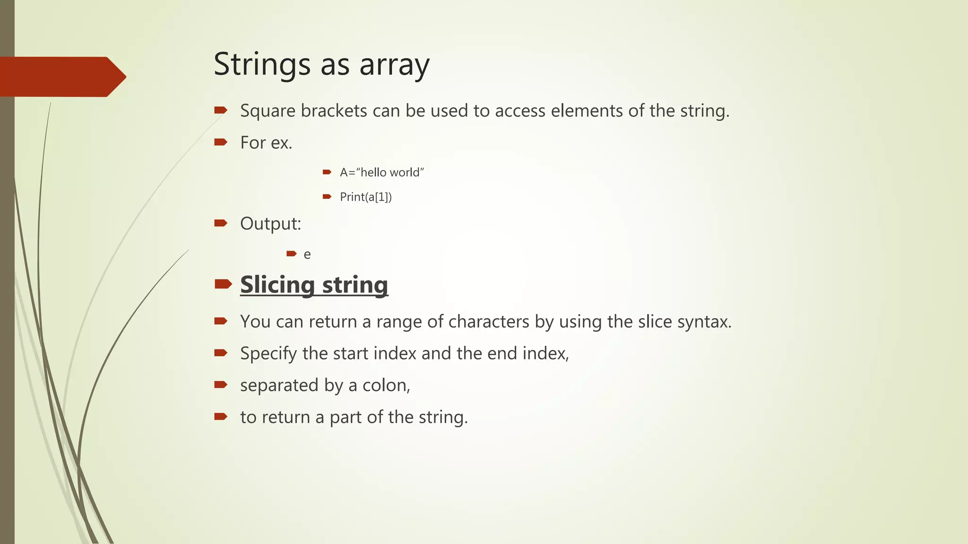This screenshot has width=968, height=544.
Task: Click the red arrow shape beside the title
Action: [x=62, y=76]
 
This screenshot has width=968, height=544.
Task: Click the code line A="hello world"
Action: [x=382, y=172]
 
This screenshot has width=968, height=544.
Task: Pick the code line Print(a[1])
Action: [x=366, y=197]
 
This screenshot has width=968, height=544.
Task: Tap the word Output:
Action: [x=270, y=224]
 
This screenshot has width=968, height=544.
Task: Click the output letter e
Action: [x=307, y=255]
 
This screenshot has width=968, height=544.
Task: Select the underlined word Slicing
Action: [x=277, y=285]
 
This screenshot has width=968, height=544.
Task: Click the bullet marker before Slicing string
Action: [x=223, y=284]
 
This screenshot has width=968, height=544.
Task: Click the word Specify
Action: [x=268, y=354]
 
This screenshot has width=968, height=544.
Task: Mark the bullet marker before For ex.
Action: [x=221, y=142]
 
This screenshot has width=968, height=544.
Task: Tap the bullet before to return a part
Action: [x=221, y=416]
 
